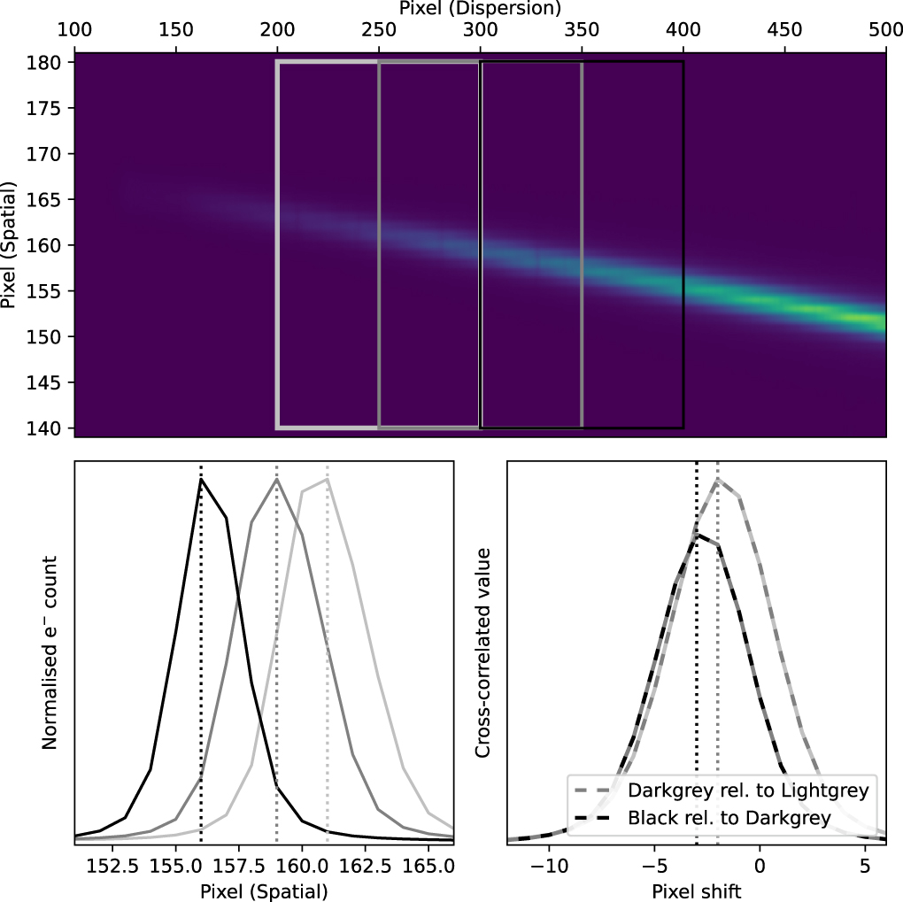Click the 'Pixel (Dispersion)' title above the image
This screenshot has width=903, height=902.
tap(480, 10)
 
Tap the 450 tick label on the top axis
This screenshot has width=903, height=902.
tap(783, 30)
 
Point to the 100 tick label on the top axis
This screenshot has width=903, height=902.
tap(75, 30)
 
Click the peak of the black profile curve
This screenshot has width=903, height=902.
tap(201, 479)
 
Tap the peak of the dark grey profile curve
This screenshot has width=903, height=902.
tap(277, 479)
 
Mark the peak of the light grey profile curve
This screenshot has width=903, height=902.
tap(328, 479)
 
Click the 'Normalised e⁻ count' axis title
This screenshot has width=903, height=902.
tap(50, 652)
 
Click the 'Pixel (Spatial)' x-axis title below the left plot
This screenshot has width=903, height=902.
tap(264, 890)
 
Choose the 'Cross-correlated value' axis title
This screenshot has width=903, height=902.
tap(482, 652)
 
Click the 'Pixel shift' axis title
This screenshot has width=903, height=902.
tap(695, 890)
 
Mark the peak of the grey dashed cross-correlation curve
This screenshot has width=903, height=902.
tap(717, 479)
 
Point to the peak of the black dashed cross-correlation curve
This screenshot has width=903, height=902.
tap(698, 535)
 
